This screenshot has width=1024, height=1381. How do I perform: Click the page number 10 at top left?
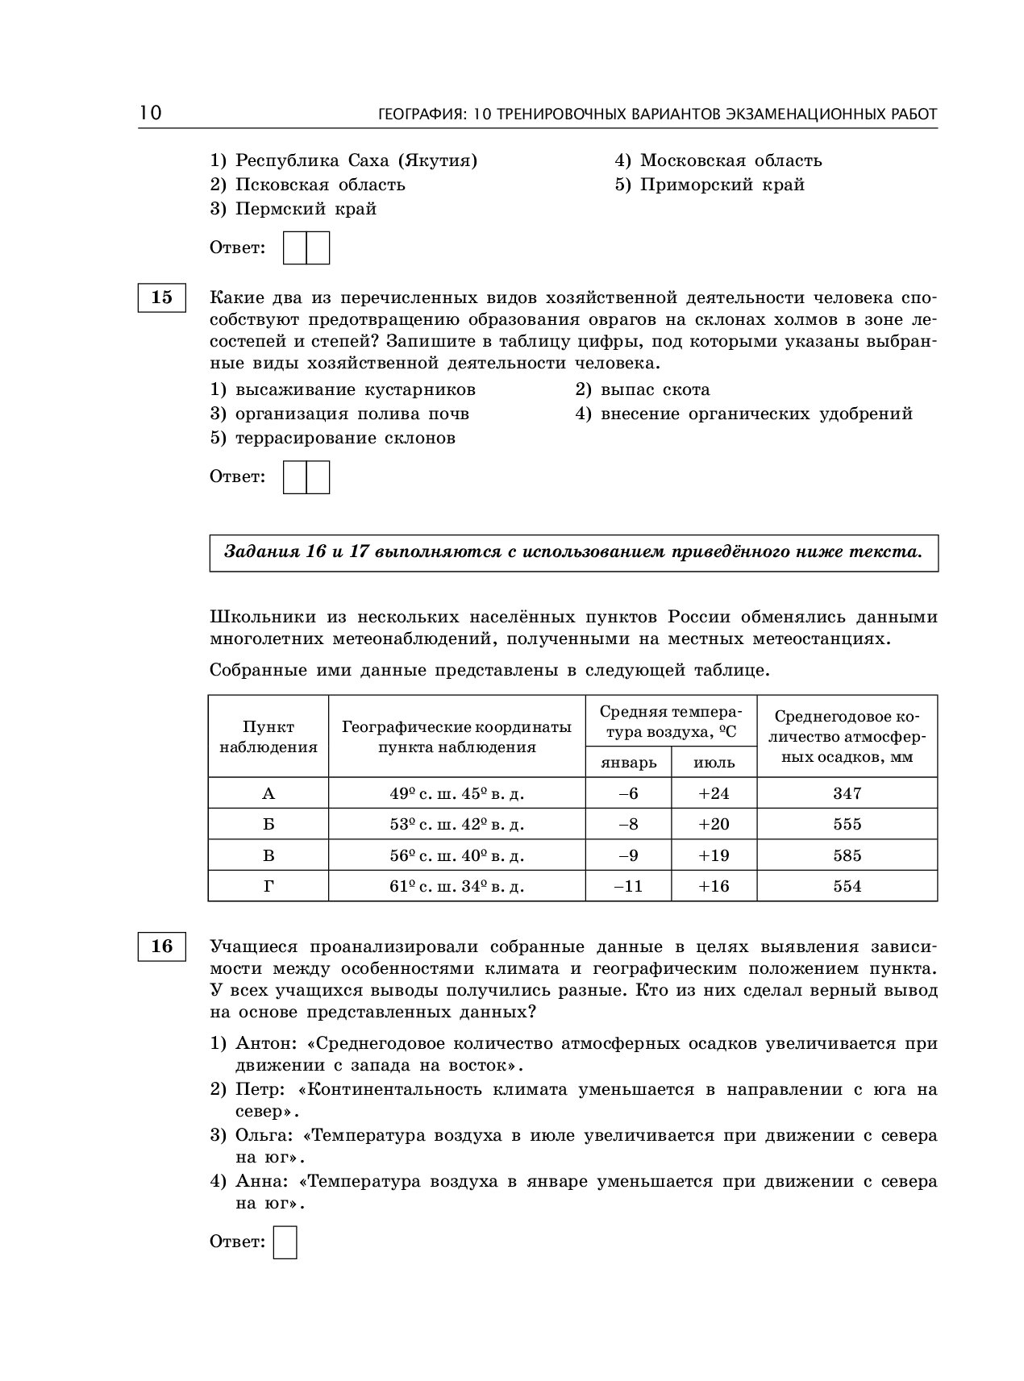click(150, 113)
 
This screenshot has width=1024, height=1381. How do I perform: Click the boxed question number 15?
click(161, 297)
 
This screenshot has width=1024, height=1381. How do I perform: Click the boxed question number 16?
click(161, 946)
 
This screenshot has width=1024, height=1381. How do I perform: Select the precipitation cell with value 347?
click(847, 793)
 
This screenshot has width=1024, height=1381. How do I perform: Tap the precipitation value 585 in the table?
click(847, 855)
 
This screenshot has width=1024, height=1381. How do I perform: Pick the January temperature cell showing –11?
click(628, 886)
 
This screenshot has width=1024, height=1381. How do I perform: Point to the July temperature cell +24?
click(714, 793)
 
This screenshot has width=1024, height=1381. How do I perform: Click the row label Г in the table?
click(268, 886)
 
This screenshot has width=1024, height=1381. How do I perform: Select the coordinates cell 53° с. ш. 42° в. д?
click(456, 824)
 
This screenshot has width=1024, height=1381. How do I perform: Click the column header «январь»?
click(629, 762)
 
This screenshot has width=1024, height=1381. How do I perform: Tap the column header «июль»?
click(714, 762)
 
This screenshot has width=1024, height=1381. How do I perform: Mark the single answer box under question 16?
click(285, 1242)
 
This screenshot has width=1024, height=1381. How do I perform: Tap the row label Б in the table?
click(268, 824)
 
